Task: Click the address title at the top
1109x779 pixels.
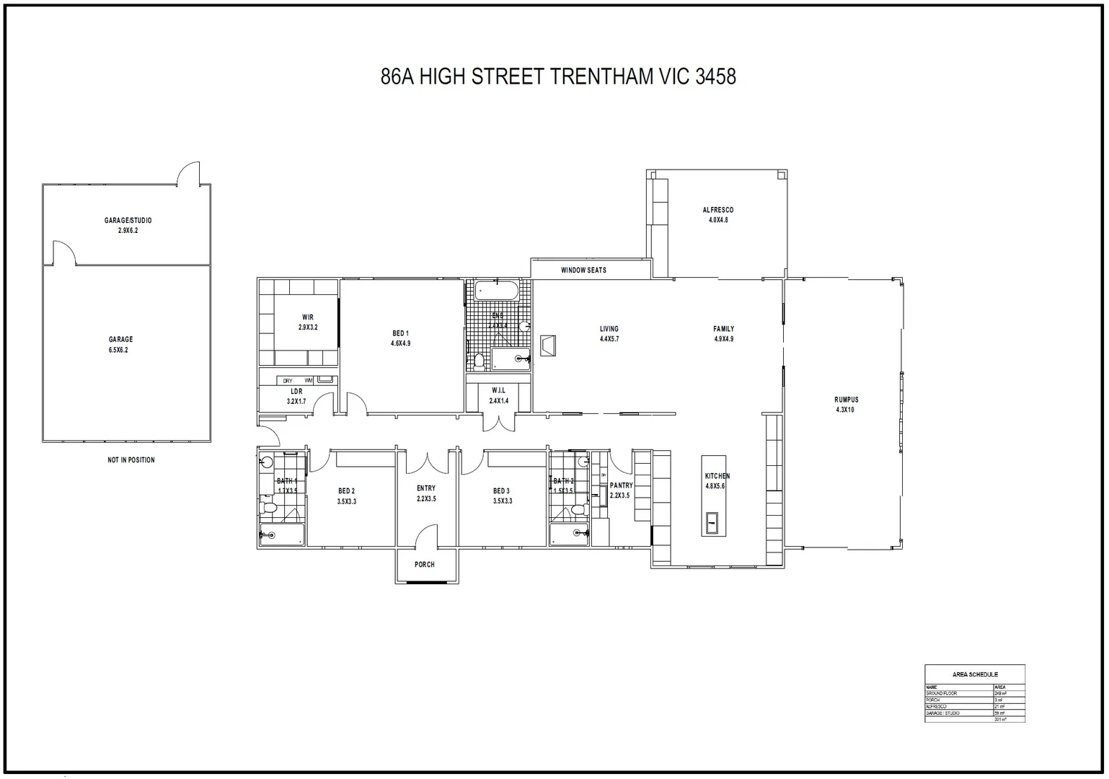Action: pyautogui.click(x=557, y=76)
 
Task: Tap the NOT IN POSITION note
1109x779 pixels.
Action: pyautogui.click(x=131, y=459)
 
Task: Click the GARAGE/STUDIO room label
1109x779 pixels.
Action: pyautogui.click(x=128, y=220)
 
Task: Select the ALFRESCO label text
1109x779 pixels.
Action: pyautogui.click(x=717, y=210)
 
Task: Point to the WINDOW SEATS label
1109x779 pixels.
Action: pyautogui.click(x=583, y=270)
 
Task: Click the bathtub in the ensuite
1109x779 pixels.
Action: pyautogui.click(x=496, y=291)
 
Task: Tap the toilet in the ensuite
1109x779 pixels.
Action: pyautogui.click(x=479, y=359)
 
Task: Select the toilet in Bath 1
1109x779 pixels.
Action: pyautogui.click(x=269, y=508)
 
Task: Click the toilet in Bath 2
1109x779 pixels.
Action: pyautogui.click(x=578, y=509)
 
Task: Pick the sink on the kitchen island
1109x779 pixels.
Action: pyautogui.click(x=711, y=522)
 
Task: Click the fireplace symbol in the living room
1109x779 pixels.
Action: pyautogui.click(x=548, y=346)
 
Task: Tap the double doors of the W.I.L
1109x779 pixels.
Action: pyautogui.click(x=498, y=423)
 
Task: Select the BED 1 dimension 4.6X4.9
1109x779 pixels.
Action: pyautogui.click(x=400, y=343)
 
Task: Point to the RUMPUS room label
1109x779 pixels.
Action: pyautogui.click(x=846, y=399)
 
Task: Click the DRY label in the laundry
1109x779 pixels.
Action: pyautogui.click(x=288, y=380)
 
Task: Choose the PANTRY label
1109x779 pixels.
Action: pyautogui.click(x=621, y=485)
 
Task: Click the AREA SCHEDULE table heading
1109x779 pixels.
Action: pyautogui.click(x=974, y=674)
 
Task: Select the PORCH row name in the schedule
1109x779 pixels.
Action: pyautogui.click(x=932, y=700)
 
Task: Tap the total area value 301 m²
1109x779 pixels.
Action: pyautogui.click(x=999, y=719)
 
